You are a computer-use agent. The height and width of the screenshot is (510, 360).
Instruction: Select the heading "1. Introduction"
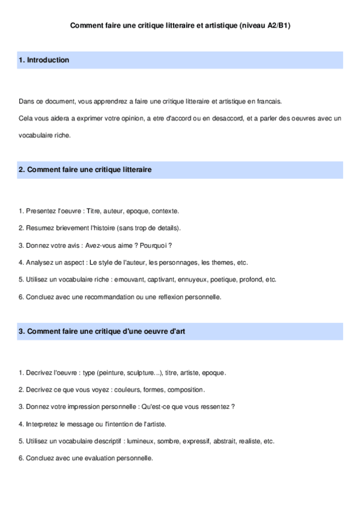(x=44, y=60)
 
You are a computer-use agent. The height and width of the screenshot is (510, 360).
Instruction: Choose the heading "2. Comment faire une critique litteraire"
(x=85, y=170)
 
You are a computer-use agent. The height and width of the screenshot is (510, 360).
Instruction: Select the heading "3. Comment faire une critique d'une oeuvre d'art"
(x=97, y=331)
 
